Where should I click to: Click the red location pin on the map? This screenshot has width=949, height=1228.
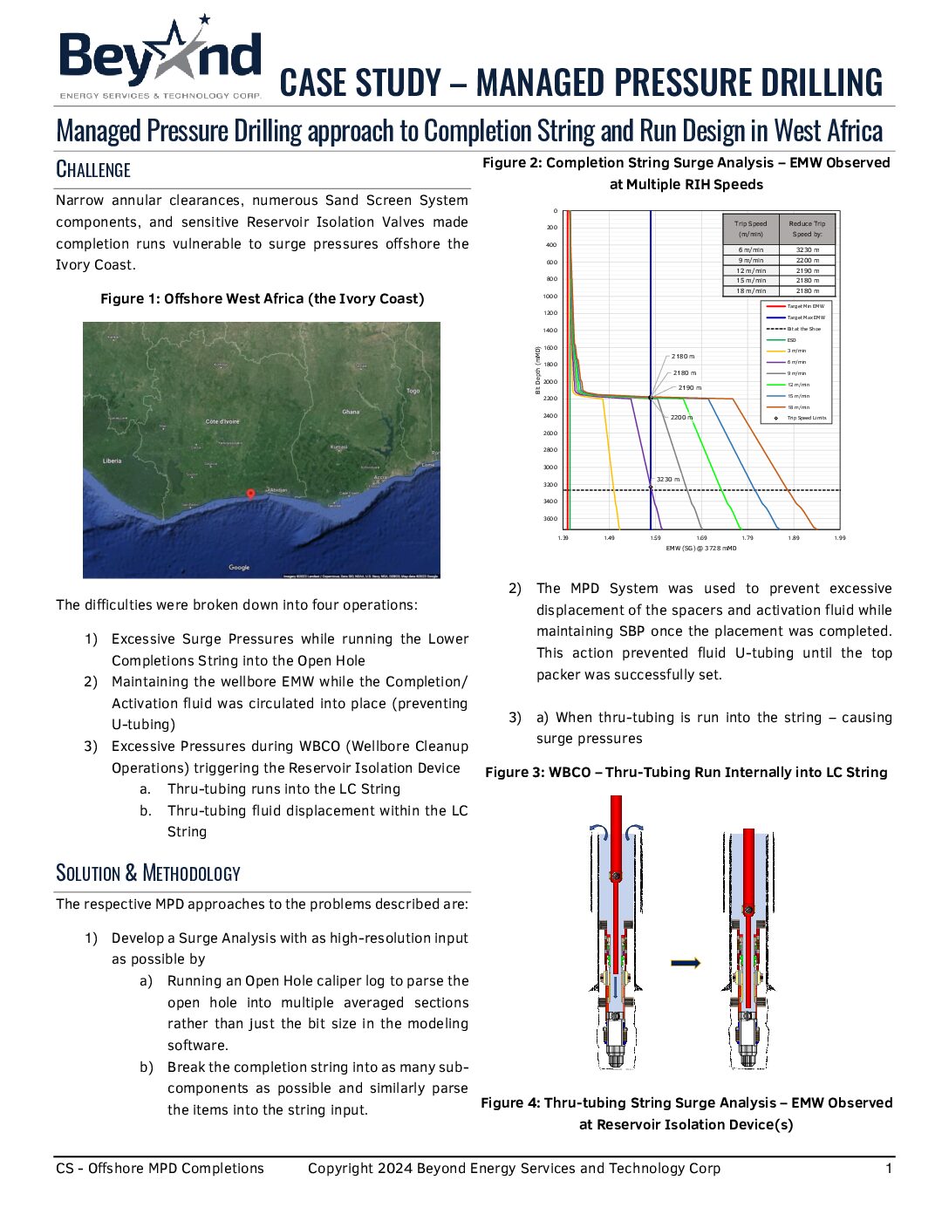(x=251, y=494)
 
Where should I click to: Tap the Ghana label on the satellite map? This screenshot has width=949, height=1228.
(x=351, y=412)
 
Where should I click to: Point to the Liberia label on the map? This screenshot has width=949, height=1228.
(x=113, y=460)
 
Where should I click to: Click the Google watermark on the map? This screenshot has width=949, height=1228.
(x=239, y=568)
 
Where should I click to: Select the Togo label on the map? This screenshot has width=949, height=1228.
(x=413, y=391)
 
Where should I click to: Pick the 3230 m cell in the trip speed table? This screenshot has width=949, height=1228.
(x=807, y=250)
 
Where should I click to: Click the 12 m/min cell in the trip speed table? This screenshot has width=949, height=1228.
(x=751, y=270)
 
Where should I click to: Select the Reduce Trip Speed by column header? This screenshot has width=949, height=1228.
(x=807, y=229)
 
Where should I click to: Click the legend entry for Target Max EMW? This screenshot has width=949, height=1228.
(x=804, y=317)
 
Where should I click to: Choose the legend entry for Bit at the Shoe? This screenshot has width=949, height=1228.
(x=803, y=329)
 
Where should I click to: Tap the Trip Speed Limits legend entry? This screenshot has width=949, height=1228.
(x=806, y=418)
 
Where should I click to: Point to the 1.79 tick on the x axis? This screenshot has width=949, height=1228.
(x=748, y=538)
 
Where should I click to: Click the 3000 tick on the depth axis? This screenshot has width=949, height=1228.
(x=550, y=467)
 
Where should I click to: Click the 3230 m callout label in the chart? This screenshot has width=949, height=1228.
(x=668, y=479)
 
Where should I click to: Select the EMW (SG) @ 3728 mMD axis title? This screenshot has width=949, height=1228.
(x=701, y=549)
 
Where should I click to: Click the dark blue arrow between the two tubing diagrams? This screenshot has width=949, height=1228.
(x=686, y=963)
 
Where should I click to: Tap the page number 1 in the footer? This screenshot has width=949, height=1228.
(x=889, y=1169)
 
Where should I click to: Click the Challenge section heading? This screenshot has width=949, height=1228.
(x=93, y=169)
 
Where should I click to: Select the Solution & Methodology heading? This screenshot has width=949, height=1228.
(x=148, y=873)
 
